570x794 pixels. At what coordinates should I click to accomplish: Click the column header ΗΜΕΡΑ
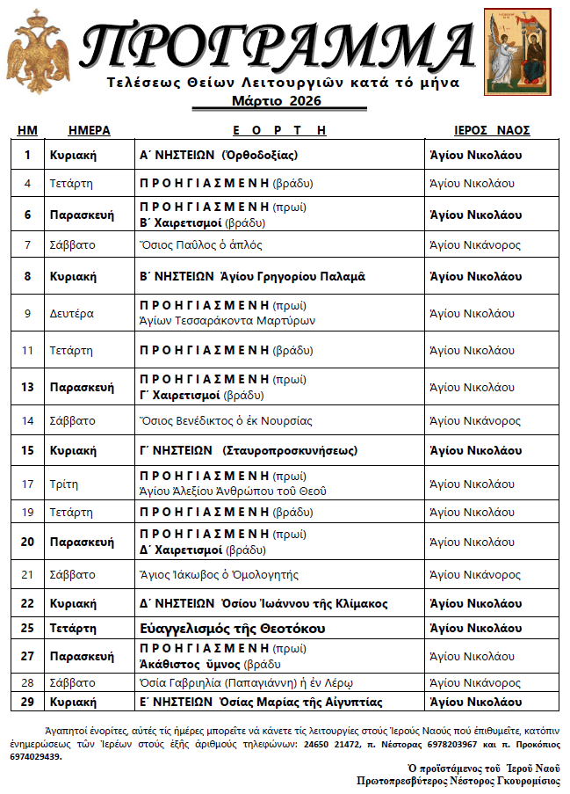[x=89, y=130]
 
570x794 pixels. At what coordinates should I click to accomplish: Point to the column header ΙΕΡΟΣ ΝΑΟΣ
[x=491, y=130]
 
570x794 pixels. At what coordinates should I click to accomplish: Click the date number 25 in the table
[x=28, y=629]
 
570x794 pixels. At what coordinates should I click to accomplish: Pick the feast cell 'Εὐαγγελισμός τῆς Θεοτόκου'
[x=233, y=629]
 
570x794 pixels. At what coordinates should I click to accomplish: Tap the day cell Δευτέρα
[x=72, y=313]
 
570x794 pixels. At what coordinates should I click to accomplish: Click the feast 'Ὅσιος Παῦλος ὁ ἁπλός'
[x=201, y=244]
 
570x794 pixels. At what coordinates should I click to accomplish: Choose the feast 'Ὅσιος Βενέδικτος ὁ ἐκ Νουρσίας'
[x=226, y=420]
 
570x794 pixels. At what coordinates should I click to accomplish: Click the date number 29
[x=28, y=702]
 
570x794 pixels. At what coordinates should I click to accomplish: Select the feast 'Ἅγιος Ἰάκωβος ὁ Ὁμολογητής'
[x=220, y=574]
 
